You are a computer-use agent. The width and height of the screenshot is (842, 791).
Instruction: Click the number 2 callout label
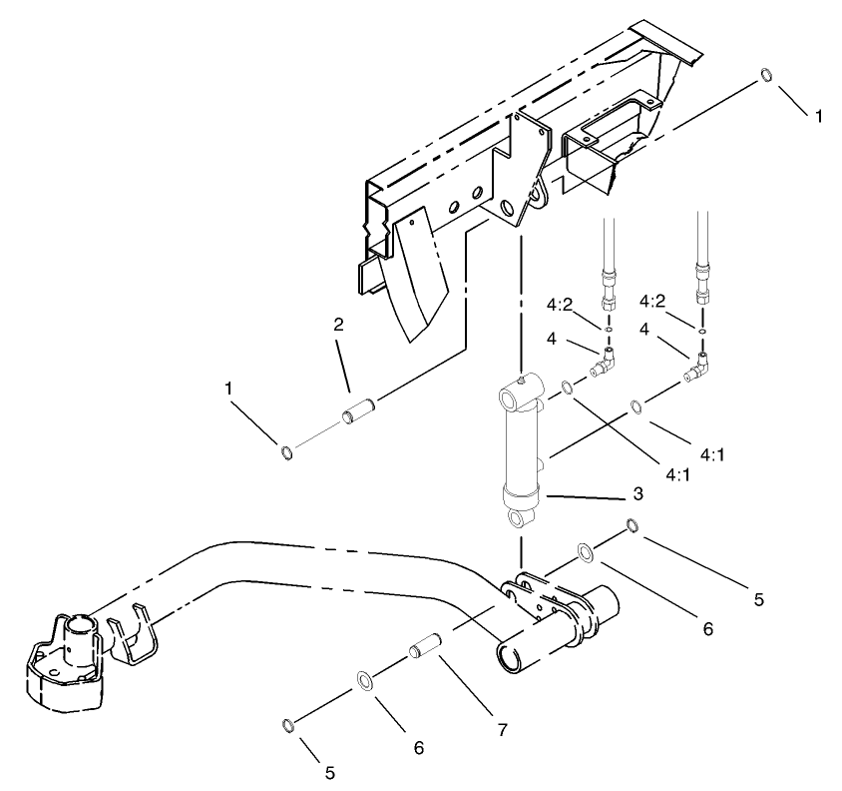338,325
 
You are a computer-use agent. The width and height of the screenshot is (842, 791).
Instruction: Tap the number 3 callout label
637,493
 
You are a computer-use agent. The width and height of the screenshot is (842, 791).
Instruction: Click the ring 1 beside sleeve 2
287,454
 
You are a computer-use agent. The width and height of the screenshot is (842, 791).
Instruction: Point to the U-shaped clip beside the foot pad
132,639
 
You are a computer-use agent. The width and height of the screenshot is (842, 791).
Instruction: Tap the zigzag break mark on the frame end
374,240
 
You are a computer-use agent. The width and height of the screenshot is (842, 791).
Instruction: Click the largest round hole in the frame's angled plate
510,209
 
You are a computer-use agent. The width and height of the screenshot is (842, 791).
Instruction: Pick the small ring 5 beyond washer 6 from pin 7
288,724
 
